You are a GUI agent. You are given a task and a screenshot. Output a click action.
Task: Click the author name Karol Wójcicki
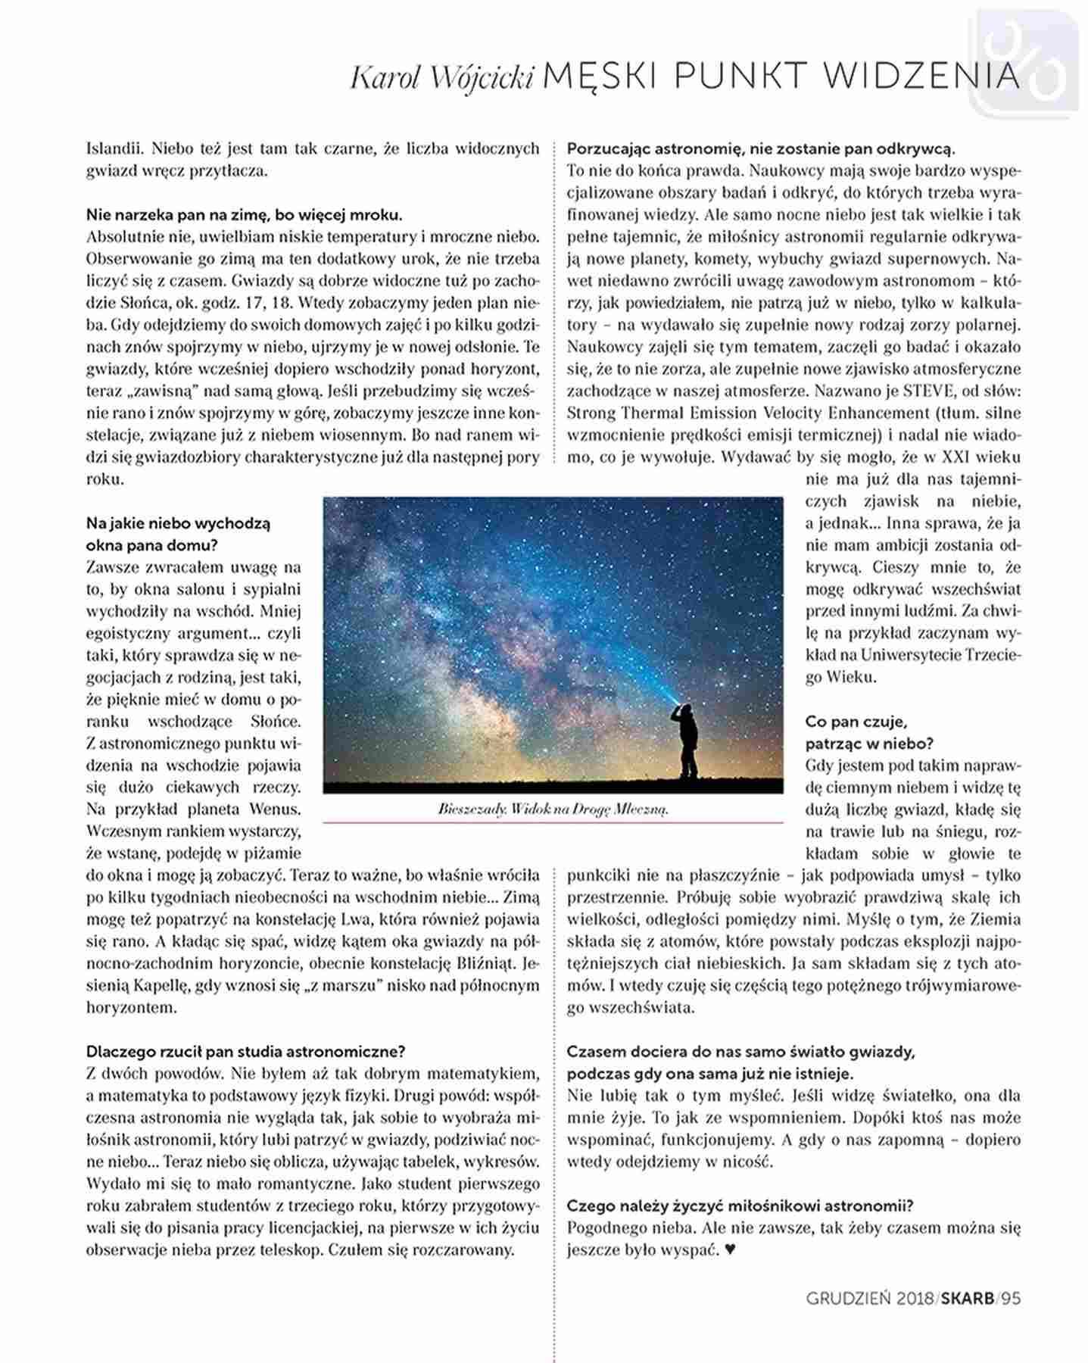443,76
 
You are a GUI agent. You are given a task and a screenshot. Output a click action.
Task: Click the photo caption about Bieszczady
553,809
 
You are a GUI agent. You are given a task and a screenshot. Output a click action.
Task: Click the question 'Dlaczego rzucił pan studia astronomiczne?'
246,1052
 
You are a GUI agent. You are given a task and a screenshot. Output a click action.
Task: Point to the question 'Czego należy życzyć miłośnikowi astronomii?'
740,1205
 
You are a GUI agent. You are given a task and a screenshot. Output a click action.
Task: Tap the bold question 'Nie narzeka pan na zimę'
244,214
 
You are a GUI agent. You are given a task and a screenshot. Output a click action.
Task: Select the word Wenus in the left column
276,809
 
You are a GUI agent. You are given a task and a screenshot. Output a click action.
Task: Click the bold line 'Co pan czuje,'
856,722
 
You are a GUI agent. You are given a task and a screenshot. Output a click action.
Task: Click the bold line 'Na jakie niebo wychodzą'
178,523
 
